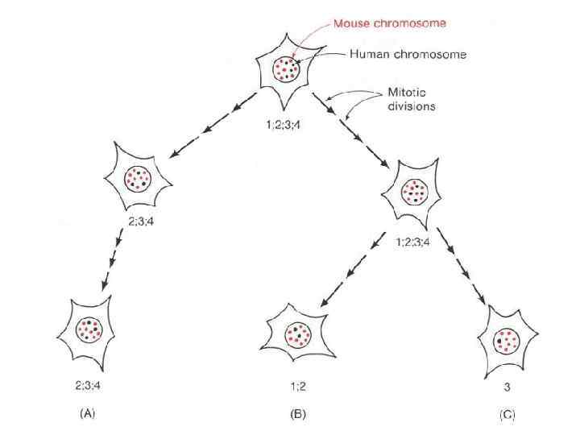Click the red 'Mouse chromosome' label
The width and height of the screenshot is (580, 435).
389,23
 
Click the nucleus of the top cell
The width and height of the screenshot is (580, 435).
287,69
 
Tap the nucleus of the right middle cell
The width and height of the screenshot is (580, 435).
413,192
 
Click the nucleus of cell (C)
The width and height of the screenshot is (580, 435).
507,340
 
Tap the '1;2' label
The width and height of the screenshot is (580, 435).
298,387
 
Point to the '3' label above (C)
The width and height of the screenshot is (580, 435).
507,387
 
